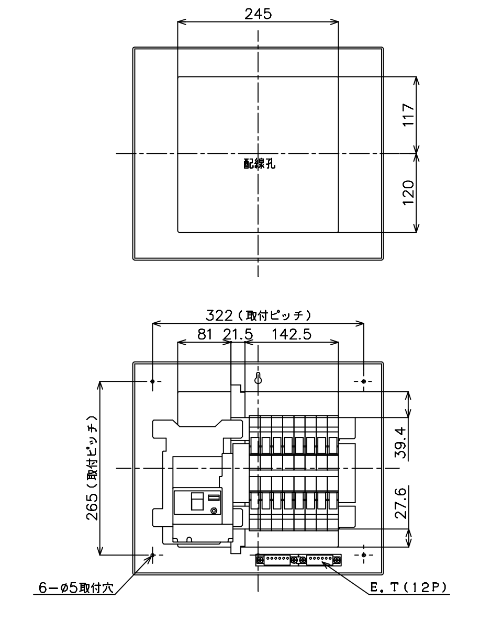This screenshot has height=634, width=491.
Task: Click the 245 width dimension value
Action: pos(258,14)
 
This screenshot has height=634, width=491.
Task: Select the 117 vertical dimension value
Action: pos(408,115)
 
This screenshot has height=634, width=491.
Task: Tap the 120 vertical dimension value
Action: pos(408,193)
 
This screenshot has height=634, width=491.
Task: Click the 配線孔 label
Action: pos(259,164)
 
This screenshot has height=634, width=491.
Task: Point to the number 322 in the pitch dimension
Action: pos(219,315)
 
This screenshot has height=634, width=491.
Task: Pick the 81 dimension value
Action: pos(205,334)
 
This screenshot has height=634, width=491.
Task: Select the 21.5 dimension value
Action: pos(238,334)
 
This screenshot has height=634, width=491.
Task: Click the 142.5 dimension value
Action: pos(292,334)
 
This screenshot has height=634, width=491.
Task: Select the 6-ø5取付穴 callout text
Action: pos(76,588)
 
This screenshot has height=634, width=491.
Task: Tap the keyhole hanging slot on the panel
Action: pos(258,379)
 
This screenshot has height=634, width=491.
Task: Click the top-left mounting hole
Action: pos(152,381)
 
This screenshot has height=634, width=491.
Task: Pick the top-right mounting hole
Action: pos(364,381)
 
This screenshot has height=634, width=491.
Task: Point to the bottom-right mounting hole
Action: pos(364,554)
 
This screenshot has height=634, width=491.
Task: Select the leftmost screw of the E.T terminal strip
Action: pos(260,560)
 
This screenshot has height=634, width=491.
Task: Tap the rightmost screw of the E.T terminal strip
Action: pos(338,560)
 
